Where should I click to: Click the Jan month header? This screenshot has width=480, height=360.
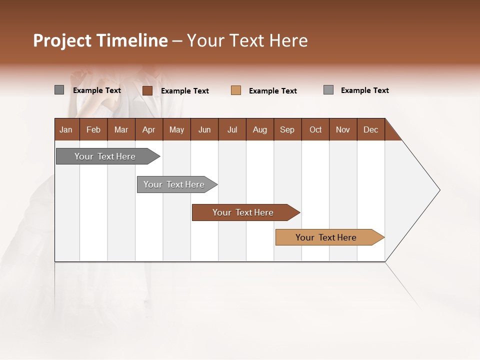point(66,129)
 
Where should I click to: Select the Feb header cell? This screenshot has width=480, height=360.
point(93,129)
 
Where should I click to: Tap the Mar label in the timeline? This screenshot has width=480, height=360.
point(121,129)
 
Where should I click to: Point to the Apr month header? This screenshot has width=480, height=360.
point(148,129)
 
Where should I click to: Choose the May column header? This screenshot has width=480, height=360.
point(176,129)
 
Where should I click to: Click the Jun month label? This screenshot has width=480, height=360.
point(204,129)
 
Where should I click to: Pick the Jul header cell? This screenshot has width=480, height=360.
point(232,129)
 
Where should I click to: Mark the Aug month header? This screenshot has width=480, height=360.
point(260,129)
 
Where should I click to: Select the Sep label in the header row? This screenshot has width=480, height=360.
point(287,129)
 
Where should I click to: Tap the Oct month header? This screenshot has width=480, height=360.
point(315,129)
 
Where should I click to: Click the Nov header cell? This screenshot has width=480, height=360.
point(343,129)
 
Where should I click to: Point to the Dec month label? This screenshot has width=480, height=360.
point(370,129)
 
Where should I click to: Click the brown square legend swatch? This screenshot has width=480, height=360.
point(147,90)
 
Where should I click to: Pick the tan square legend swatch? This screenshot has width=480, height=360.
point(236,90)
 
